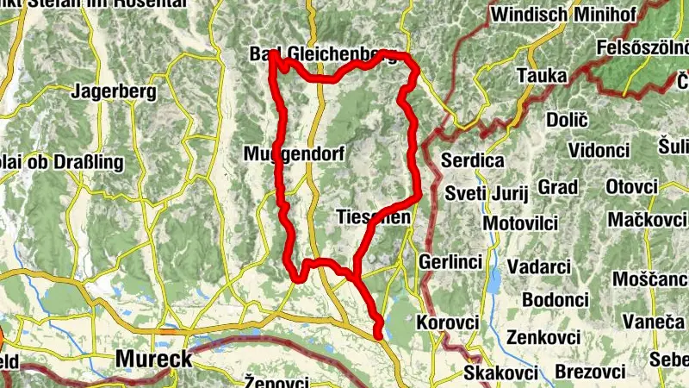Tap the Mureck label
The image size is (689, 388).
[153, 359]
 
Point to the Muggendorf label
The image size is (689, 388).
[294, 155]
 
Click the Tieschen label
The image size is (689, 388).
[373, 216]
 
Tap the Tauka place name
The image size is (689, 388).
[542, 76]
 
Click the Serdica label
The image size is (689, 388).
[472, 160]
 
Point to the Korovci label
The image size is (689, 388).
[447, 322]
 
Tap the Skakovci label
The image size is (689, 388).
[500, 372]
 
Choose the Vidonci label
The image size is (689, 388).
[599, 150]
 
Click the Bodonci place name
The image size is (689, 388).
[555, 299]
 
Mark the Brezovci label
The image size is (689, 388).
[590, 372]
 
